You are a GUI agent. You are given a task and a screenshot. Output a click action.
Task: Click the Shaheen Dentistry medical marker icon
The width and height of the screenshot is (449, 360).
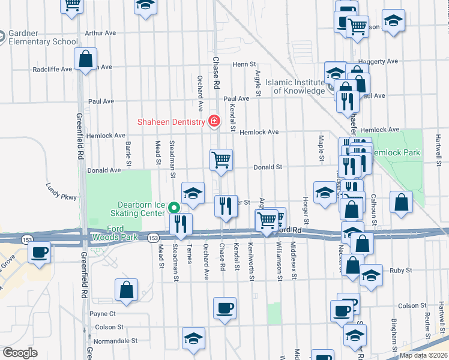[213, 122]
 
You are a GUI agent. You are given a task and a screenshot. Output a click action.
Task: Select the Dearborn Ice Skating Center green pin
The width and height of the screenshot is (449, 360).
[174, 208]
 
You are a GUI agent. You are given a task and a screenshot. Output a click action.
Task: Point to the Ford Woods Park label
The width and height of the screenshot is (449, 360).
[114, 233]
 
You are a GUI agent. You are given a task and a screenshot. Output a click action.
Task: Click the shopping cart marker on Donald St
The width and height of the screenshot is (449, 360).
[221, 160]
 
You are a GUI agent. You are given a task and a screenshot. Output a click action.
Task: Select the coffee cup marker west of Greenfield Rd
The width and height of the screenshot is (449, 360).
[40, 252]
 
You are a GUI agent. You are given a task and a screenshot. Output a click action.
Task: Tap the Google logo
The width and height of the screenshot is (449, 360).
[20, 353]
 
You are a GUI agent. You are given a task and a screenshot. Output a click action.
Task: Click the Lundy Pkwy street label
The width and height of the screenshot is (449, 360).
[62, 191]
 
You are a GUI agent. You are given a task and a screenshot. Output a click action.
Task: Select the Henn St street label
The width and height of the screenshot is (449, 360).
[244, 64]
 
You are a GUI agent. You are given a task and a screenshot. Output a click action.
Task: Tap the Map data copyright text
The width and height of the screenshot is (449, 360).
[423, 355]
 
